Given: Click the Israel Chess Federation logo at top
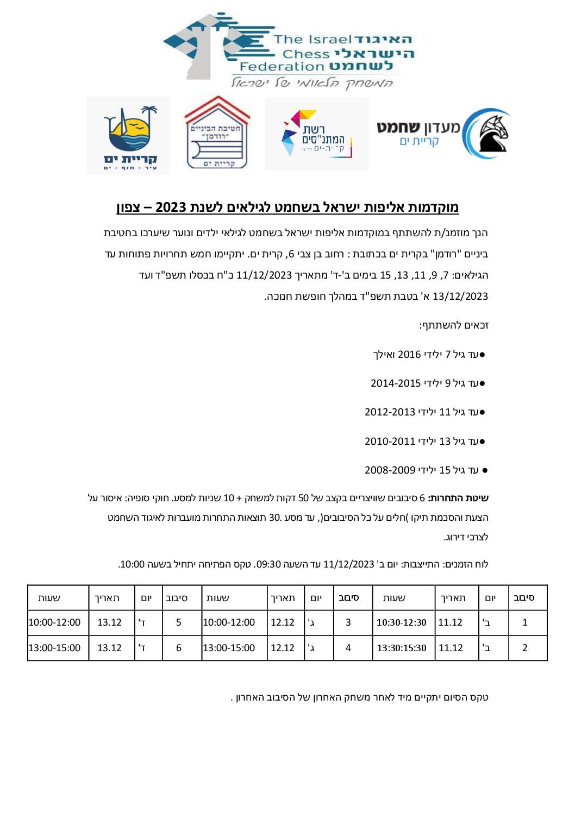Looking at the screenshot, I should pos(288,50).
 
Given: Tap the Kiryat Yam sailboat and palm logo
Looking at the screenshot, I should pos(129,136).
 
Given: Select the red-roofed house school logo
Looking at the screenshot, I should pos(217,134).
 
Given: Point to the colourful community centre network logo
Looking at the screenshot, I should pos(317,134).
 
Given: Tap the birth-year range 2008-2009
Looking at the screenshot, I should pos(390,470).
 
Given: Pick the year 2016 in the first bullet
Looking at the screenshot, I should pos(410,355).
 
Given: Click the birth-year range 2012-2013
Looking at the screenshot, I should pos(390,412).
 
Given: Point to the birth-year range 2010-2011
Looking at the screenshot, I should pos(390,441).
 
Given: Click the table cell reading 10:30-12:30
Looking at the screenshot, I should pos(402,622).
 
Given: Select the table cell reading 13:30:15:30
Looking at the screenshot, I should pos(402,648).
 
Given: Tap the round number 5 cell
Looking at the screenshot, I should pos(179,622).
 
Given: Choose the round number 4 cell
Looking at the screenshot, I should pos(348,648).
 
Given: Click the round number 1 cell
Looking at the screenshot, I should pos(525,622).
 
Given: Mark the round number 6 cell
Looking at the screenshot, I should pos(179,648).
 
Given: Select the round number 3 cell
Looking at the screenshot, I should pos(348,622).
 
